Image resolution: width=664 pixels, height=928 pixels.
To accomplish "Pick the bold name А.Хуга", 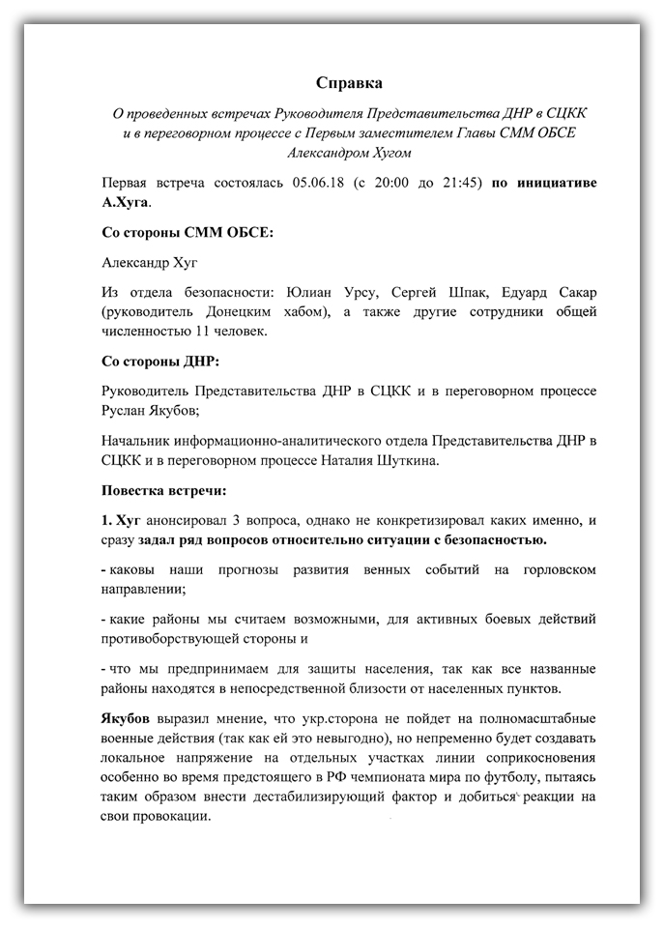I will [126, 203].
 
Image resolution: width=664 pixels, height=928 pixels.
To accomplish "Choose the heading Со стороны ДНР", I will [159, 362].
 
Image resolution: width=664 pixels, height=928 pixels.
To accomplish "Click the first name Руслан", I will [126, 410].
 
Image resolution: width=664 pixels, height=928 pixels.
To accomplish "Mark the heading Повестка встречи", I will [163, 490].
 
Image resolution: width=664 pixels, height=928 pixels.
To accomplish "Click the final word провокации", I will [173, 816].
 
